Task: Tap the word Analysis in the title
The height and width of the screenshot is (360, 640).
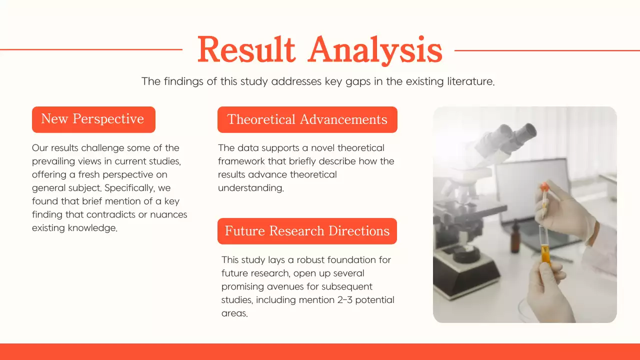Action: point(375,50)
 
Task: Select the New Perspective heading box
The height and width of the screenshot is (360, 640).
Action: point(93,119)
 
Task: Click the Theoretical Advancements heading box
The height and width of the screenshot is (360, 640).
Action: point(307,119)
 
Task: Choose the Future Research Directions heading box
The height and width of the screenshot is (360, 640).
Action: point(307,231)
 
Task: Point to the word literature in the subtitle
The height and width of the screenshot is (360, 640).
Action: point(469,81)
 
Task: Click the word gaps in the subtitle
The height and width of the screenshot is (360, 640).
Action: point(359,81)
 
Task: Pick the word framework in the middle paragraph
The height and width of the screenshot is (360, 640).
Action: point(240,161)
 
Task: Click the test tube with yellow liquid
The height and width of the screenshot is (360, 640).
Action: point(543,245)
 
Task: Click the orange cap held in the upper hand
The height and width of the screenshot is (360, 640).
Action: point(544,187)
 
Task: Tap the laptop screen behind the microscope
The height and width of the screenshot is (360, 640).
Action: point(530,190)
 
